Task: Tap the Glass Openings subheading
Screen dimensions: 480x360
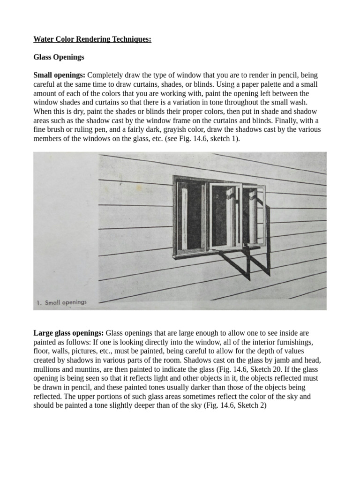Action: tap(59, 57)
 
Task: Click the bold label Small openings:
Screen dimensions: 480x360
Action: tap(60, 75)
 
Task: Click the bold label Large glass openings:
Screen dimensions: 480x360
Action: tap(68, 333)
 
